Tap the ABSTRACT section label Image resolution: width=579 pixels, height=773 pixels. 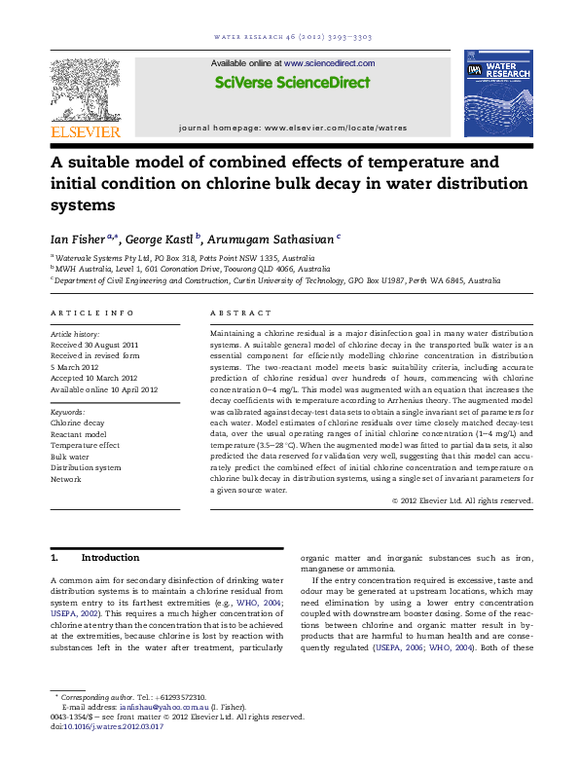coord(240,313)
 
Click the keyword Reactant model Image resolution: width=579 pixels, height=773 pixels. coord(80,434)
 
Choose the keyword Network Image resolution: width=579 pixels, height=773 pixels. coord(66,479)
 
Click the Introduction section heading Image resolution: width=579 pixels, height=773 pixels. coord(110,558)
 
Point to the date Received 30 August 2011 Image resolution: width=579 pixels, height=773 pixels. coord(94,346)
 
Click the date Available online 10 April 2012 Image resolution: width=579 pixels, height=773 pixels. coord(103,389)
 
